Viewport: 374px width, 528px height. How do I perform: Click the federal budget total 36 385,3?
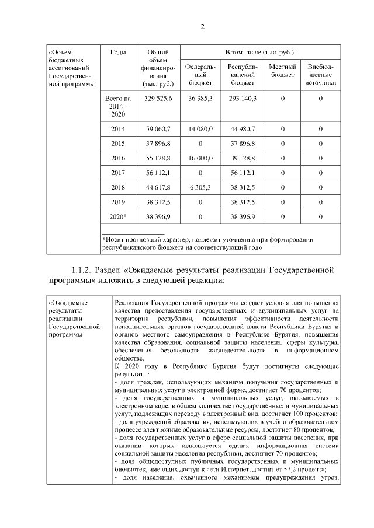coord(200,99)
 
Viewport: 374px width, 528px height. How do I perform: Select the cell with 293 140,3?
coord(243,99)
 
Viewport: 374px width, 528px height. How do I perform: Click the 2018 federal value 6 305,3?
coord(200,187)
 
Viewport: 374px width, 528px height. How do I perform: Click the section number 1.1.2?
coord(83,270)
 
